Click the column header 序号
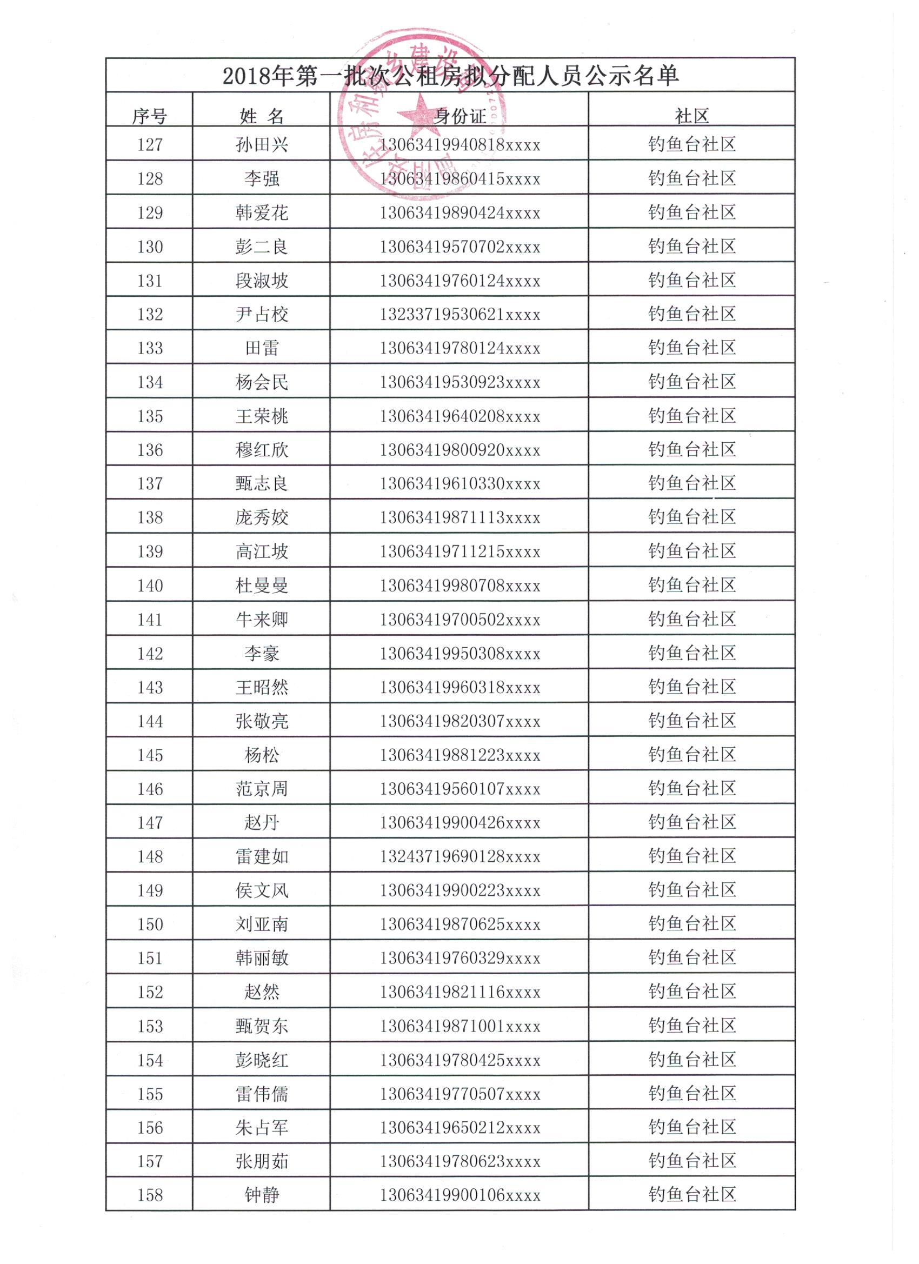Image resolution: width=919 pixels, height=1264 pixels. point(149,116)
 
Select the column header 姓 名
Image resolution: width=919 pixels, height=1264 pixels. point(262,116)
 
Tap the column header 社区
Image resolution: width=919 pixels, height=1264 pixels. point(691,116)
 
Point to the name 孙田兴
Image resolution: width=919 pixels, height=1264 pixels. point(262,145)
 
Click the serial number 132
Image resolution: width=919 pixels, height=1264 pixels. point(150,314)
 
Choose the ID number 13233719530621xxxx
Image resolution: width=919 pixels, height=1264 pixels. point(460,314)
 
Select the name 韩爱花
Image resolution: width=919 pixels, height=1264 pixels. point(262,213)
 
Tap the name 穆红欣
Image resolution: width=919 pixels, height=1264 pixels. point(262,450)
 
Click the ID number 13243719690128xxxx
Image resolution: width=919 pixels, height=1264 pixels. point(460,856)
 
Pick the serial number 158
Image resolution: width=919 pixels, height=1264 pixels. point(150,1195)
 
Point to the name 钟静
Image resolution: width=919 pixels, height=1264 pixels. point(262,1195)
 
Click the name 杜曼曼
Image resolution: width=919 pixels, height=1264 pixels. point(262,585)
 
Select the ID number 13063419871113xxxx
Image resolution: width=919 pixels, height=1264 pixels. point(460,518)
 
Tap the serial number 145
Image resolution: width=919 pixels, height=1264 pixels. point(150,755)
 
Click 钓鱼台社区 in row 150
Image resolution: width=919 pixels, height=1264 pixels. point(691,923)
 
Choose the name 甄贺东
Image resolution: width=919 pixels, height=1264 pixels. point(262,1026)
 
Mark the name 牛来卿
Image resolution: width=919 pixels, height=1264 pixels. point(262,619)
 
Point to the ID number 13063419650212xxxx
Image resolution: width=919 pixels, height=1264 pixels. point(460,1127)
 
